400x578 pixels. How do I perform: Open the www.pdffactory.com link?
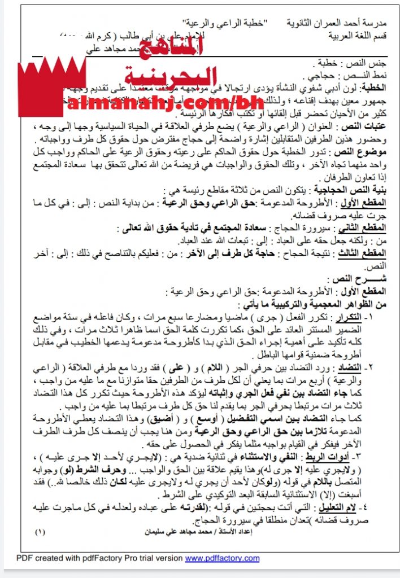click(x=222, y=558)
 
